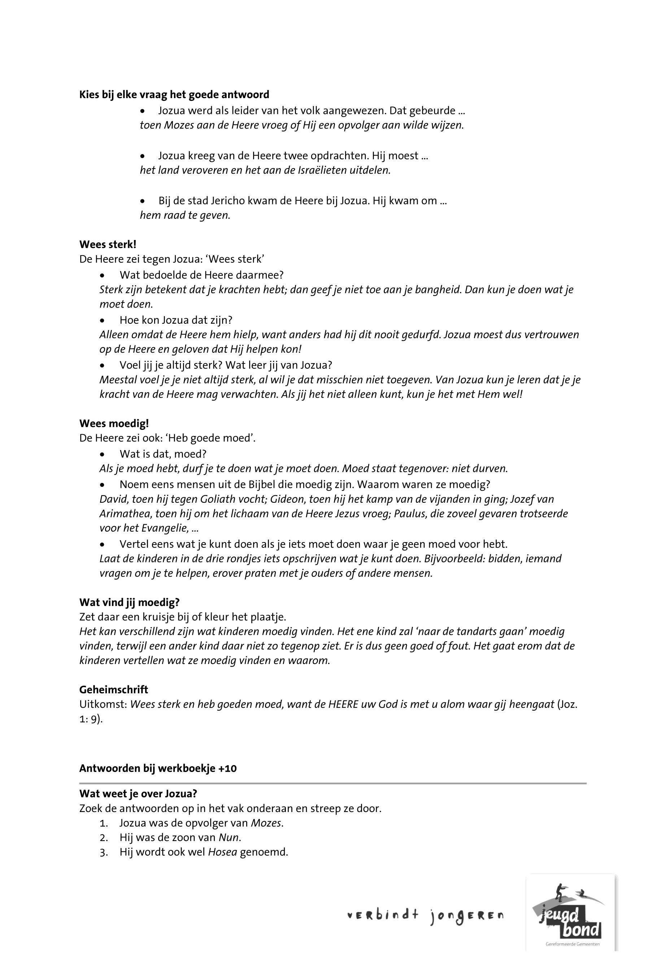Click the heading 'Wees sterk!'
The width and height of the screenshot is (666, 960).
coord(108,244)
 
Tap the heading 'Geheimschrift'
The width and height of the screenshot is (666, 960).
coord(113,690)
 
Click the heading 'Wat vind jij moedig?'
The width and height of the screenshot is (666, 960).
coord(129,602)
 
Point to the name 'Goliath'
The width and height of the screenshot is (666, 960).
coord(218,499)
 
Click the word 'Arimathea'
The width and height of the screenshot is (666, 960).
coord(123,514)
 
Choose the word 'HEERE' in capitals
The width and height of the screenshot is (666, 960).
coord(343,704)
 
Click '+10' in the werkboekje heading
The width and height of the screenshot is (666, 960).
coord(227,768)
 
